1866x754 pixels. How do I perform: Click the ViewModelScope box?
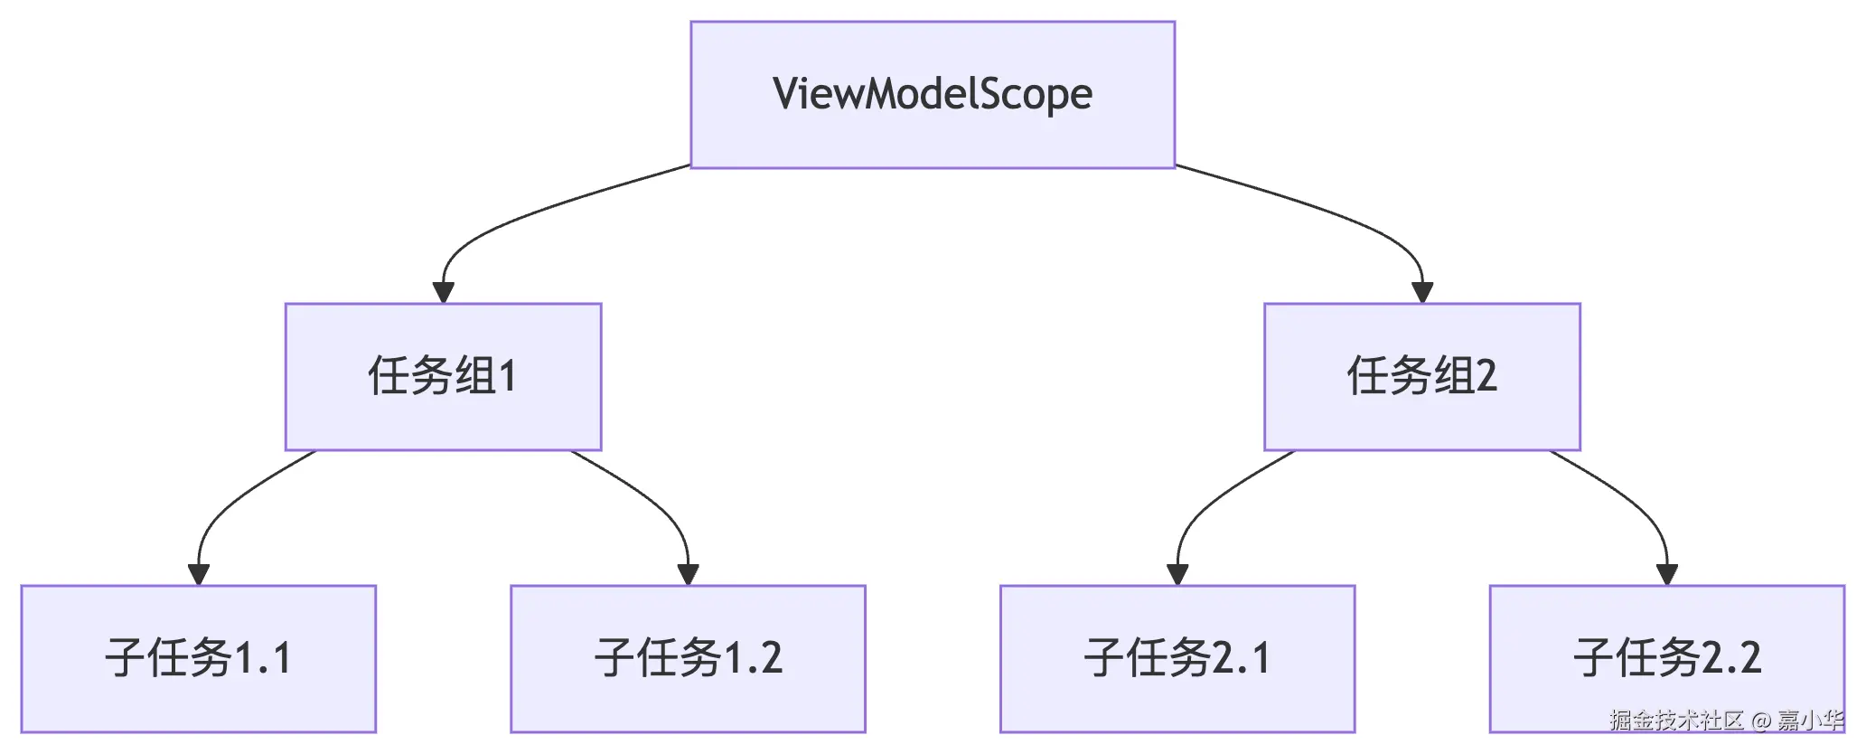932,94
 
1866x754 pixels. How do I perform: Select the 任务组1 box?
443,376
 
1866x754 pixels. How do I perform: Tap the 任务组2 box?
1421,376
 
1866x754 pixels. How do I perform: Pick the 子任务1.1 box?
198,658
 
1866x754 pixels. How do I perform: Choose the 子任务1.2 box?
688,658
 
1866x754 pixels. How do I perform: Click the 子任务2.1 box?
1177,658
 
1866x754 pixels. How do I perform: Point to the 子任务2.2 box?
1666,658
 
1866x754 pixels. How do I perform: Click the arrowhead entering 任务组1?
443,292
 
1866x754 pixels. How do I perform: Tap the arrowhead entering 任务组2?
1422,292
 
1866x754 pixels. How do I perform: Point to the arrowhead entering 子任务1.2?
688,574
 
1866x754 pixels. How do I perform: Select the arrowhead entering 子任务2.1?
1177,574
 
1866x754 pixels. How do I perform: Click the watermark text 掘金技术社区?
1675,721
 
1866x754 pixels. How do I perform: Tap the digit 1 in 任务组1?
508,376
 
